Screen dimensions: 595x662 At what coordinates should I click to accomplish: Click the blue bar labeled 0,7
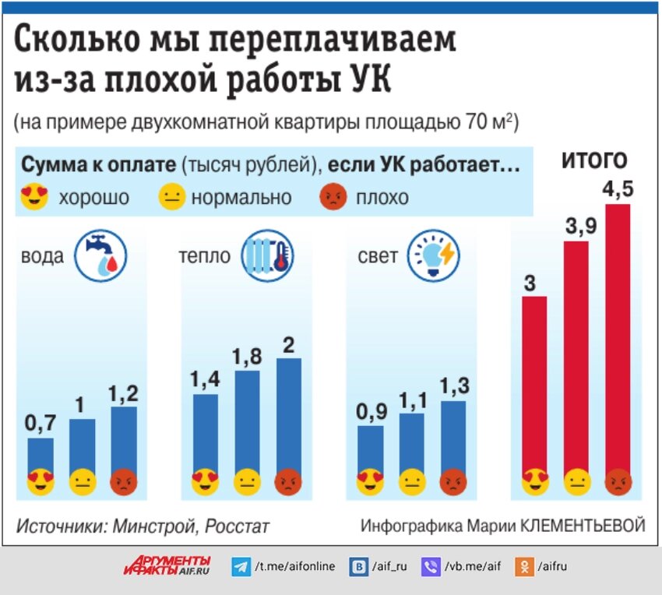[x=41, y=456]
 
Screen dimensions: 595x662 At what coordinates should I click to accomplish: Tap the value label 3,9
[x=576, y=227]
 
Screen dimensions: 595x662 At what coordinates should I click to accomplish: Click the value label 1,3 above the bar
[x=453, y=386]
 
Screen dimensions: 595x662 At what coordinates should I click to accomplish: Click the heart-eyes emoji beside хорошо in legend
[x=34, y=197]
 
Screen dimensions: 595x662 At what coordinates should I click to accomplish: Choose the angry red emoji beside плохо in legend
[x=333, y=197]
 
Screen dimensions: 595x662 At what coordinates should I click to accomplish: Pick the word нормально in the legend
[x=241, y=198]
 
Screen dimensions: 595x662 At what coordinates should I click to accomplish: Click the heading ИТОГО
[x=595, y=161]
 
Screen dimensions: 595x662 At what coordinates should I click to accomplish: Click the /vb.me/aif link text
[x=472, y=567]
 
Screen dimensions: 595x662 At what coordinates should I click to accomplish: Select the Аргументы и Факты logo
[x=167, y=566]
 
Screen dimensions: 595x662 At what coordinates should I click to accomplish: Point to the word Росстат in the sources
[x=237, y=526]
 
